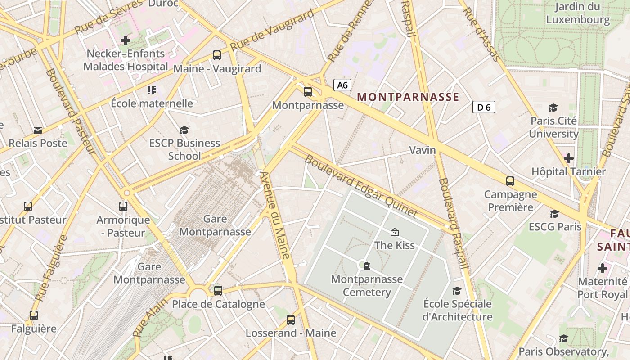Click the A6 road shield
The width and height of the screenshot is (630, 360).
coord(342,85)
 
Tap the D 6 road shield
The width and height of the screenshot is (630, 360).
coord(484,107)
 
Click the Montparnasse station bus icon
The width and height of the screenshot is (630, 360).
coord(308,92)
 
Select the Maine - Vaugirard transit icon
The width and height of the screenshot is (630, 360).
coord(217,55)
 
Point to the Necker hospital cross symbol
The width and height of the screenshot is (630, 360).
coord(126,40)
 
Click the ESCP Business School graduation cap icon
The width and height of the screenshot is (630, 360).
coord(184,130)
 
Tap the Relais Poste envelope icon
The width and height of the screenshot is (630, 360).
coord(38,130)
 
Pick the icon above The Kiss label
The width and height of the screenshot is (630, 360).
coord(395,232)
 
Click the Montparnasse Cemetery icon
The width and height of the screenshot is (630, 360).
coord(367,266)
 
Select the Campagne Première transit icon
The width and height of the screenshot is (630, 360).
coord(510,181)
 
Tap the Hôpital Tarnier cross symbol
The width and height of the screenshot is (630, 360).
coord(569,158)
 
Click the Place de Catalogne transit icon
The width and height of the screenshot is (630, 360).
coord(218,291)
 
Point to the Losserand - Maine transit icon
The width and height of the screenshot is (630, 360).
coord(291,320)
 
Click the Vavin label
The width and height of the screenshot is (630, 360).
coord(423,150)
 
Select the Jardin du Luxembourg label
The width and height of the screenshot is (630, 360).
coord(577,13)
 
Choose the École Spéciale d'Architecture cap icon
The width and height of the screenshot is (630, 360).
coord(457,291)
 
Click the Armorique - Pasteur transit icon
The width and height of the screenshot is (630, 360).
coord(123,207)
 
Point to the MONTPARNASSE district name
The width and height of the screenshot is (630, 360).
coord(408,97)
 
